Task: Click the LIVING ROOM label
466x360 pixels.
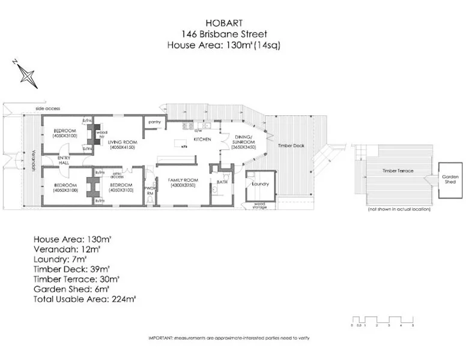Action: [122, 143]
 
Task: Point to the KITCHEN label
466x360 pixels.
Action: [201, 139]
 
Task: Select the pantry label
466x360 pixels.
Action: [153, 121]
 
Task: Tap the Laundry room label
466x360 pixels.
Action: [260, 184]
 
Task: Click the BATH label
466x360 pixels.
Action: [222, 182]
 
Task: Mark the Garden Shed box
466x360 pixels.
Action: [450, 179]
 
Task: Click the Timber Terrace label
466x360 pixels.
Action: [397, 172]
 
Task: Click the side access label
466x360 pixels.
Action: [47, 109]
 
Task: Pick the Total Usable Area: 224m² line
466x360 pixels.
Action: [85, 298]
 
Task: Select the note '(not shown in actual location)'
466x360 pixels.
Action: [399, 209]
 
